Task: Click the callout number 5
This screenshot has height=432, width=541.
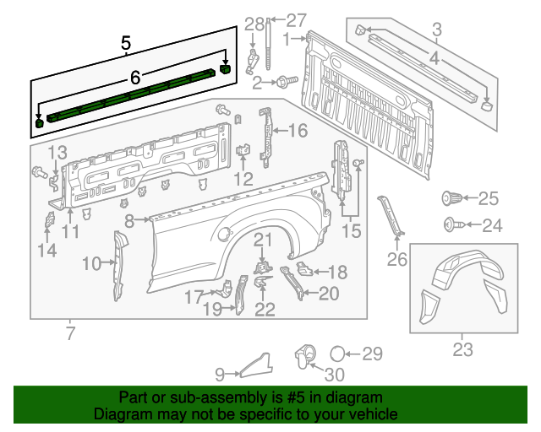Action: coord(126,41)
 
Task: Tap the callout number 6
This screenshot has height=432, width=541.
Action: coord(134,78)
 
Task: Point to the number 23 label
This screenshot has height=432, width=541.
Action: coord(462,348)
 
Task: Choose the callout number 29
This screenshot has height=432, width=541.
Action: coord(372,354)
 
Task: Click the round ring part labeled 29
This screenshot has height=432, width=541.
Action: coord(336,354)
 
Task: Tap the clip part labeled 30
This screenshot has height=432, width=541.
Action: coord(304,355)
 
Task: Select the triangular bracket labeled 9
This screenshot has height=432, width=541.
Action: coord(256,365)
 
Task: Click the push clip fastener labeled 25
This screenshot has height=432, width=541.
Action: coord(451,199)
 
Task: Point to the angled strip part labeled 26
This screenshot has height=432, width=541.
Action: coord(393,218)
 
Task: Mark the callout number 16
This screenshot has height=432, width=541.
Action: coord(298,130)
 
